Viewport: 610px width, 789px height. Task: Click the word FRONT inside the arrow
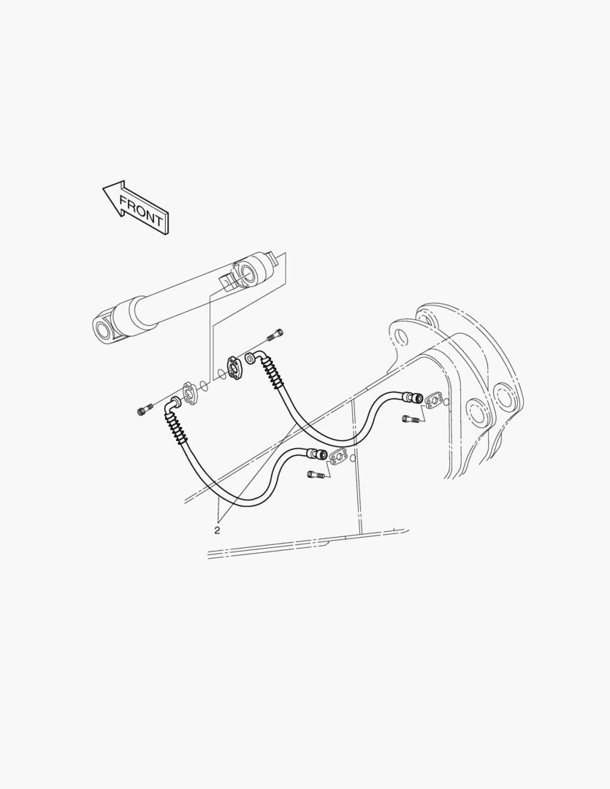tap(141, 210)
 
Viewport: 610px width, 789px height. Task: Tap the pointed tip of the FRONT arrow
tap(103, 188)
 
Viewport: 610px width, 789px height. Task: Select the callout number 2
tap(217, 530)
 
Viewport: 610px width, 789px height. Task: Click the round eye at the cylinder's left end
tap(104, 329)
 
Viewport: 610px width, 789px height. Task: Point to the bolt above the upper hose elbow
tap(275, 334)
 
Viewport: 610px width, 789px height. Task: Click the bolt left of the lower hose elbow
tap(144, 410)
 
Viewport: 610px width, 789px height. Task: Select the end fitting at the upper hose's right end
tap(414, 398)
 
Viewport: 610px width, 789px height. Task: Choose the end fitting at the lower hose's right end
tap(318, 454)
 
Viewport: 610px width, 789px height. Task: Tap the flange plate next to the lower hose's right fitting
tap(339, 457)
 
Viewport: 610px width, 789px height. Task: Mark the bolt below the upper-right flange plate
tap(410, 418)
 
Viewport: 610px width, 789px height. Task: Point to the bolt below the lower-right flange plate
tap(315, 473)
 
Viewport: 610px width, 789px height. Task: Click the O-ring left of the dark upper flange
tap(221, 373)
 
